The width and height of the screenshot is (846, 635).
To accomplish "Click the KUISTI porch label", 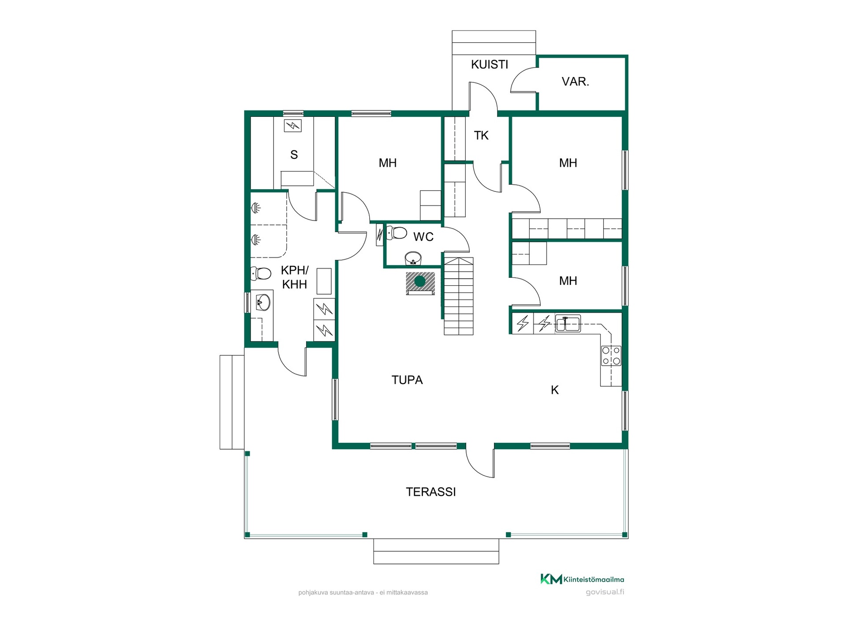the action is point(490,64).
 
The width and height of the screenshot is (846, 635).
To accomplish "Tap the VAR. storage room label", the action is point(575,82).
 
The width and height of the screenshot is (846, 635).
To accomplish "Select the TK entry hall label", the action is point(481,135).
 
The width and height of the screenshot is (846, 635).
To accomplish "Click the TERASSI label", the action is point(431,492).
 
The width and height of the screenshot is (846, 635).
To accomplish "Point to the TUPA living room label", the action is point(407,380).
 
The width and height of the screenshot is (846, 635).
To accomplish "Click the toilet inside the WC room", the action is point(397,232).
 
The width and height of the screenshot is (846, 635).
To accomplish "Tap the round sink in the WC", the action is point(413,258).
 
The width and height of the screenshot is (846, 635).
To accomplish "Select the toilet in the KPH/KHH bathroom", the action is point(261,273).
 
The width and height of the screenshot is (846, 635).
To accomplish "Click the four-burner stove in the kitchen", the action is point(611,356).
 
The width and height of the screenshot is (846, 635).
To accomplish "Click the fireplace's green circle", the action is point(420,281).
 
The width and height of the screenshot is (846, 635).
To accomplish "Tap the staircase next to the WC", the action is point(458,296).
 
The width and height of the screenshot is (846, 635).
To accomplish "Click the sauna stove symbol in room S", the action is point(293,126).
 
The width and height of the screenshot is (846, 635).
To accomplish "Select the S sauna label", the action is point(294,155).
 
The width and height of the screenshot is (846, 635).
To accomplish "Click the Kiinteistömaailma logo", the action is point(582,579).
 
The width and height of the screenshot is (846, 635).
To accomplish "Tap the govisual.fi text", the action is point(605,592).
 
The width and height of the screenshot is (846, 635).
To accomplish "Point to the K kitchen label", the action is point(555,390).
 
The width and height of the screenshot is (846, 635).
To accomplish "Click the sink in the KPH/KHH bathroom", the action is point(263,303).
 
